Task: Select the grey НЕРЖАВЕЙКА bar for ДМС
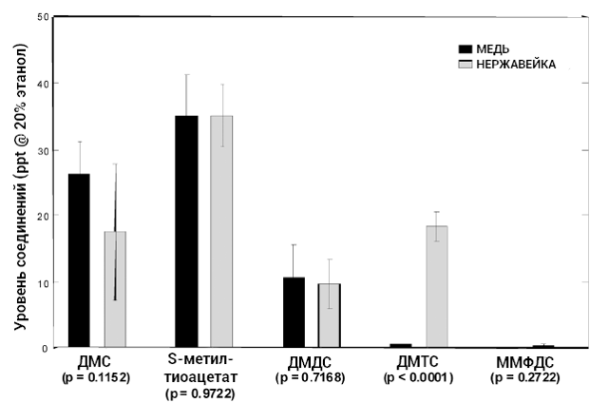(115, 289)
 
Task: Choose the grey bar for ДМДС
(329, 315)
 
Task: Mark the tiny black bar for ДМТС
(400, 345)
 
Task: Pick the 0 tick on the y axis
(47, 348)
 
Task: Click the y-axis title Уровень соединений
(21, 185)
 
